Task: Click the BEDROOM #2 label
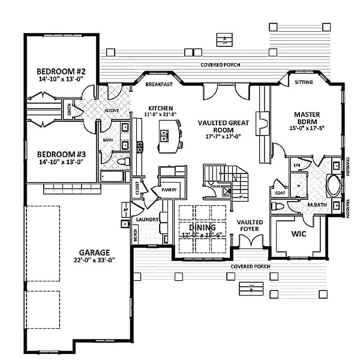(60, 70)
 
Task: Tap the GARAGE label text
(95, 252)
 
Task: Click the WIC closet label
(298, 234)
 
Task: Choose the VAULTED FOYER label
(250, 225)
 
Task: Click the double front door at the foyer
(249, 241)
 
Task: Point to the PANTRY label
(169, 190)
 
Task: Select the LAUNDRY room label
(147, 219)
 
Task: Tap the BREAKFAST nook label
(159, 85)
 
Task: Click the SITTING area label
(303, 82)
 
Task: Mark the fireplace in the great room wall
(262, 122)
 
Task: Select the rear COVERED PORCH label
(220, 65)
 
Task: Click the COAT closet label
(280, 193)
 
